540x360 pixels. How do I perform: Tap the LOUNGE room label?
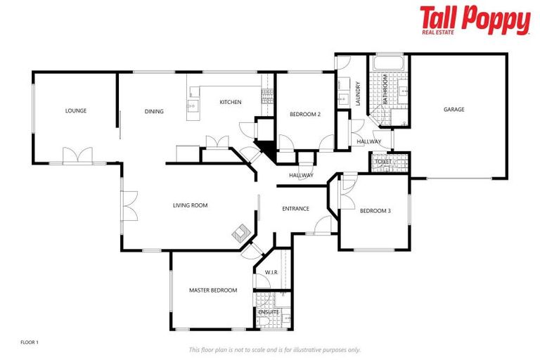pos(76,110)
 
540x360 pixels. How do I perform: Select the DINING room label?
pos(154,111)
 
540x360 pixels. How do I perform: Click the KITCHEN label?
pos(231,102)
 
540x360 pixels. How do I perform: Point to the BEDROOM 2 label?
pos(305,114)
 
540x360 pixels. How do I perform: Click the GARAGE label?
pos(454,109)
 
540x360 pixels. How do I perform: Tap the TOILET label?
pos(383,162)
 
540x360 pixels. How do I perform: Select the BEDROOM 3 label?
pos(375,210)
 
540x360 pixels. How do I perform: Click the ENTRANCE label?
pos(296,208)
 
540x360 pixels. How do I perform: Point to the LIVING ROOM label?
pos(191,205)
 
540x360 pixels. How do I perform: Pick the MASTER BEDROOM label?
pos(212,290)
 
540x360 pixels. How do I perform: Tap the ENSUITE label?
pos(269,311)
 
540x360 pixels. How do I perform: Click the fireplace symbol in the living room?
pos(240,231)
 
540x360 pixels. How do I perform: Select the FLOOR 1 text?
pos(30,342)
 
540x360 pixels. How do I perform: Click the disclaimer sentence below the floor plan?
pos(274,349)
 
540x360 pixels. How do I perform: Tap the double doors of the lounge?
pos(77,155)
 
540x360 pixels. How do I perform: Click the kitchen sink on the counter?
pos(192,108)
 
